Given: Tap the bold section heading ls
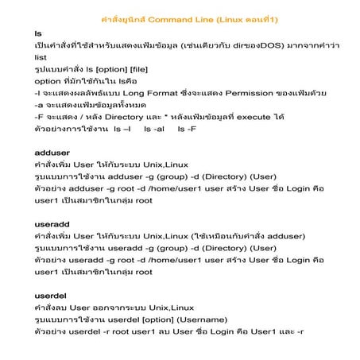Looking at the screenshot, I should click(x=37, y=35).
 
